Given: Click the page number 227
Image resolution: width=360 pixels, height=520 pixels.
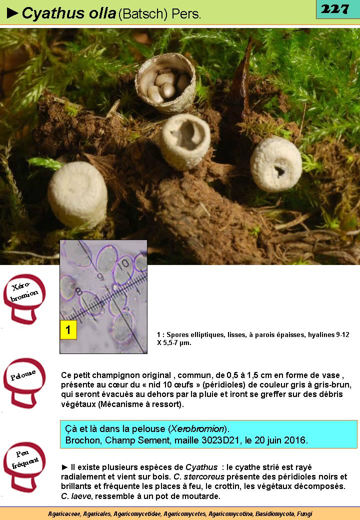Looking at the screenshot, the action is click(335, 9).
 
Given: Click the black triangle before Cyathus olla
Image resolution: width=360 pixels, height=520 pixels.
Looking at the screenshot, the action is click(12, 13).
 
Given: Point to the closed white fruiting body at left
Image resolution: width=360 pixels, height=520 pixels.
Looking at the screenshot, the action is click(77, 194).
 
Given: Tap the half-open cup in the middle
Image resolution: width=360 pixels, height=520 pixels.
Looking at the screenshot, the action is click(185, 140).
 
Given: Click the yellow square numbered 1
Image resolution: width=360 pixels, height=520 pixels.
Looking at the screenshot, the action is click(68, 329).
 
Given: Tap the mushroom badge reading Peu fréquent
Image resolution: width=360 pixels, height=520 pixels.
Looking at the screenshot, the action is click(24, 466).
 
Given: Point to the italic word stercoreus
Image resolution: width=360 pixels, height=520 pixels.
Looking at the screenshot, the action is click(204, 477).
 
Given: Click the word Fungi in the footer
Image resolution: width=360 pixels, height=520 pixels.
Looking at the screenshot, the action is click(304, 513).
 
